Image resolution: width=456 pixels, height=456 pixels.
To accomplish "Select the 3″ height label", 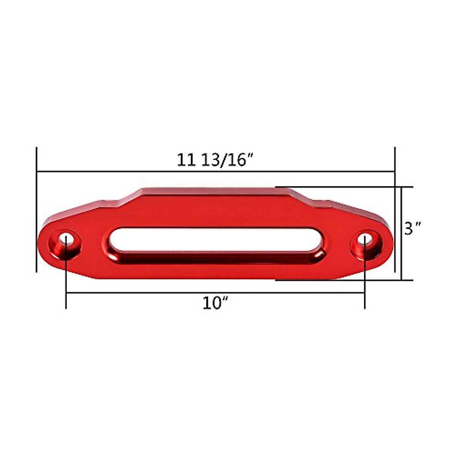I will (x=413, y=229).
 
